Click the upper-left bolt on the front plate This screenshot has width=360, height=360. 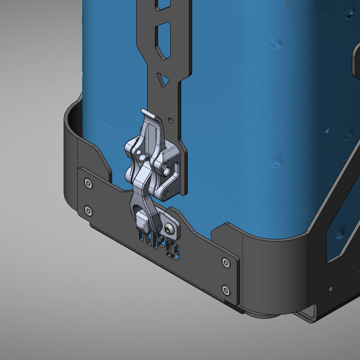point(88,183)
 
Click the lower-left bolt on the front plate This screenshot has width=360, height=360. point(88,210)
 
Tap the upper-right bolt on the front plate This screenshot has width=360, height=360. point(225,262)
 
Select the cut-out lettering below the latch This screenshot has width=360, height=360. point(159,245)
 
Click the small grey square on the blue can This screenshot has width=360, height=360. point(288,5)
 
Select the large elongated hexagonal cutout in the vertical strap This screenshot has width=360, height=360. point(163,41)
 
